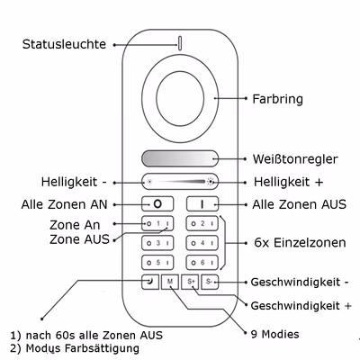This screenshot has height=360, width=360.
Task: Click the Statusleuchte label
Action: (x=64, y=44)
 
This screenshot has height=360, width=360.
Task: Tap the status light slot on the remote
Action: (x=180, y=43)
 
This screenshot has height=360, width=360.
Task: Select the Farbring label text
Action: (x=277, y=99)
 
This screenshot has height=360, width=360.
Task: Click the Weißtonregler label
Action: (x=295, y=159)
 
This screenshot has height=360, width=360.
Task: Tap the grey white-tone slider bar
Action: (x=180, y=158)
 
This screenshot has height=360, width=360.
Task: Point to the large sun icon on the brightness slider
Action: (x=211, y=182)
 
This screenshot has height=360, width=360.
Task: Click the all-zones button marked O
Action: (x=157, y=204)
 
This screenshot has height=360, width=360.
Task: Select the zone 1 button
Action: (x=157, y=223)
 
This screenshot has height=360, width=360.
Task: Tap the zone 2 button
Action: (x=202, y=223)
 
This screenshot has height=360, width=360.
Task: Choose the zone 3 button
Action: (x=157, y=243)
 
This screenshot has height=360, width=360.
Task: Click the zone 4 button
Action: (x=202, y=243)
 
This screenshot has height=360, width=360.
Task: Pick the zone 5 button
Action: (x=157, y=263)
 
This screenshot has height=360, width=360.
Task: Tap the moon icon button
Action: (x=150, y=282)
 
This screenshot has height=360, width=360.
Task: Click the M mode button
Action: (x=170, y=282)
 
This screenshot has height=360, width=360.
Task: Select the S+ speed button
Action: (x=190, y=282)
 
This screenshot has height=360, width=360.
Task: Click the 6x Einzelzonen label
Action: (x=300, y=242)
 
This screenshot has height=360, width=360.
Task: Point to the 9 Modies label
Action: (x=274, y=334)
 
